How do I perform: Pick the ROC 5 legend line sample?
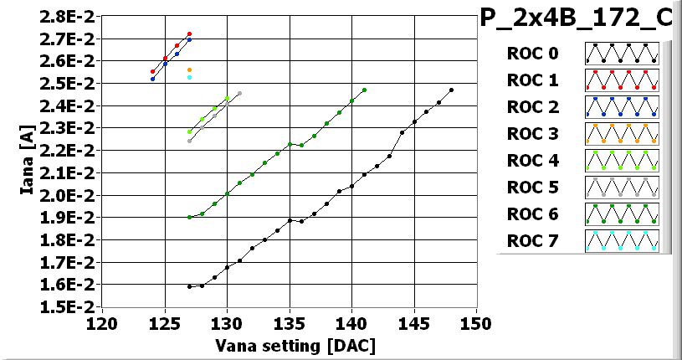click(622, 188)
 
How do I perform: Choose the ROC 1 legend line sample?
click(622, 81)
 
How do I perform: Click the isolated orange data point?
click(190, 69)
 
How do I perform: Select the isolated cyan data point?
click(190, 77)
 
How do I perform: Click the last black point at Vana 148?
click(452, 90)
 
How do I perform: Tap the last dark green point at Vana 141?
click(364, 90)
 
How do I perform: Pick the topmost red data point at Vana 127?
click(190, 33)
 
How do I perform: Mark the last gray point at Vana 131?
click(239, 94)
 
